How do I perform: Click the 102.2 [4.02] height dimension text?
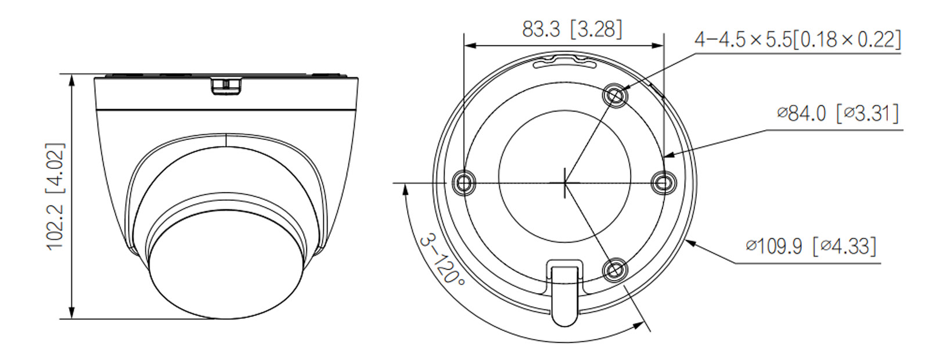[56, 196]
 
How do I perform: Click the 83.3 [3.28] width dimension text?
[571, 29]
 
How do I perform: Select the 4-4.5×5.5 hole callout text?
[797, 39]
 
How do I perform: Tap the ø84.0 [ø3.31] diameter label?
[838, 113]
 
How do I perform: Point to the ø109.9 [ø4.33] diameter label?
[811, 246]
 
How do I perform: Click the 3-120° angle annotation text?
[443, 260]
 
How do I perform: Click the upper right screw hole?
[615, 95]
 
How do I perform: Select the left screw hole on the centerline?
[464, 183]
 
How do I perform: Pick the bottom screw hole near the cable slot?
[615, 270]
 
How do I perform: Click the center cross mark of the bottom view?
[565, 182]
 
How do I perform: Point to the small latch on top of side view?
[226, 86]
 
